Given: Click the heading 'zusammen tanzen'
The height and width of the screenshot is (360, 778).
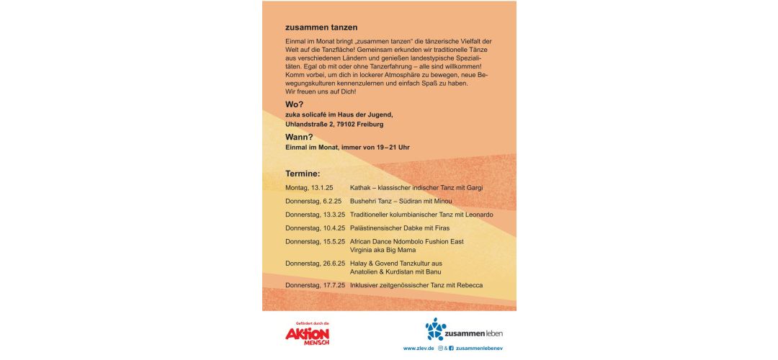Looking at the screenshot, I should pyautogui.click(x=321, y=27).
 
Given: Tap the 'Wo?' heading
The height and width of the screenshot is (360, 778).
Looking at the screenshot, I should pyautogui.click(x=294, y=104).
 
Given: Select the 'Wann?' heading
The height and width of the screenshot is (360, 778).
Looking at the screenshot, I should pyautogui.click(x=299, y=137).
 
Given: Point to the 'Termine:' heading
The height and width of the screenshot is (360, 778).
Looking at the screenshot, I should pyautogui.click(x=303, y=174).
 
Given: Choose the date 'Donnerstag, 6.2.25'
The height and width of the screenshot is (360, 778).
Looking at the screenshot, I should pyautogui.click(x=313, y=201).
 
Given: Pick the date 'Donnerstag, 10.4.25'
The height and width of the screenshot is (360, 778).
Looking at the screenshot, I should pyautogui.click(x=316, y=228).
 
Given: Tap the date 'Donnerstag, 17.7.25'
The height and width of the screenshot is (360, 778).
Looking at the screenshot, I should pyautogui.click(x=316, y=286).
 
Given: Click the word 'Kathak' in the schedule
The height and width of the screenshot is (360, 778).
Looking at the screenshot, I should pyautogui.click(x=360, y=188).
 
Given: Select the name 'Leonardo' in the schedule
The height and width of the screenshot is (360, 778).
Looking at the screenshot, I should pyautogui.click(x=478, y=215).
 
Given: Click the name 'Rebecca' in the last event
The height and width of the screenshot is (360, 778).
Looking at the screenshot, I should pyautogui.click(x=468, y=286).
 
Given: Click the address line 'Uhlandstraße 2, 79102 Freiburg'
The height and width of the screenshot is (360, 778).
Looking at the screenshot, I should pyautogui.click(x=334, y=125).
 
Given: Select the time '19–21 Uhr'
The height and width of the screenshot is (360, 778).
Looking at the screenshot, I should pyautogui.click(x=393, y=148).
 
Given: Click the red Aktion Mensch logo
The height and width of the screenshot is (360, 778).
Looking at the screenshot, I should pyautogui.click(x=307, y=336).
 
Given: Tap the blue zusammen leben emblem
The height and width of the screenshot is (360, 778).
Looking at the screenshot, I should pyautogui.click(x=436, y=329).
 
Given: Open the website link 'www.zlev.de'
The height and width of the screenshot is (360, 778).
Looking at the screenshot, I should pyautogui.click(x=418, y=349).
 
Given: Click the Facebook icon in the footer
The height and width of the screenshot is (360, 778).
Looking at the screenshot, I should pyautogui.click(x=451, y=349).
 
